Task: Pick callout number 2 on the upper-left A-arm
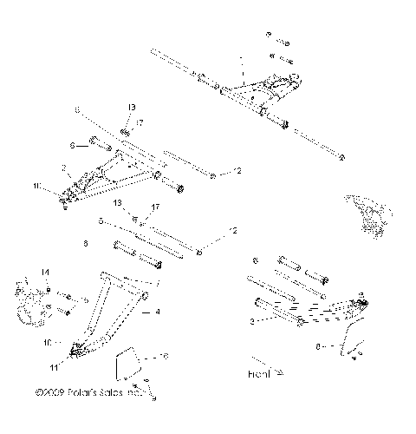tap(64, 167)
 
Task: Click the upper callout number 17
tap(139, 122)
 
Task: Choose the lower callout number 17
tap(157, 231)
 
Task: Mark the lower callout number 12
tap(231, 231)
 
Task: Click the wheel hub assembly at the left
tap(28, 299)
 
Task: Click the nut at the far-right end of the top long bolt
tap(341, 158)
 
